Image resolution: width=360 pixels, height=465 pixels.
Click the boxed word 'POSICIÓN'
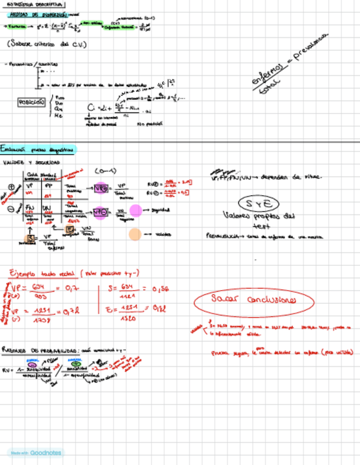tap(31, 102)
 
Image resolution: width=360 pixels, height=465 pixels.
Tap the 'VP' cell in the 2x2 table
tap(30, 186)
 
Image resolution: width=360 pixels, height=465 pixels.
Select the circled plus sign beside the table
tap(12, 186)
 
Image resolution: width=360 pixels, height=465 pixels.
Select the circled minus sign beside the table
tap(12, 209)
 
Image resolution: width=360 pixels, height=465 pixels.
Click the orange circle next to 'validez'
tap(134, 235)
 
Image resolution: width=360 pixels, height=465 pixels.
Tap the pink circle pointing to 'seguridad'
tap(135, 210)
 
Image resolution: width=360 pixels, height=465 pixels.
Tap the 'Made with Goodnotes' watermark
tap(36, 453)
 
